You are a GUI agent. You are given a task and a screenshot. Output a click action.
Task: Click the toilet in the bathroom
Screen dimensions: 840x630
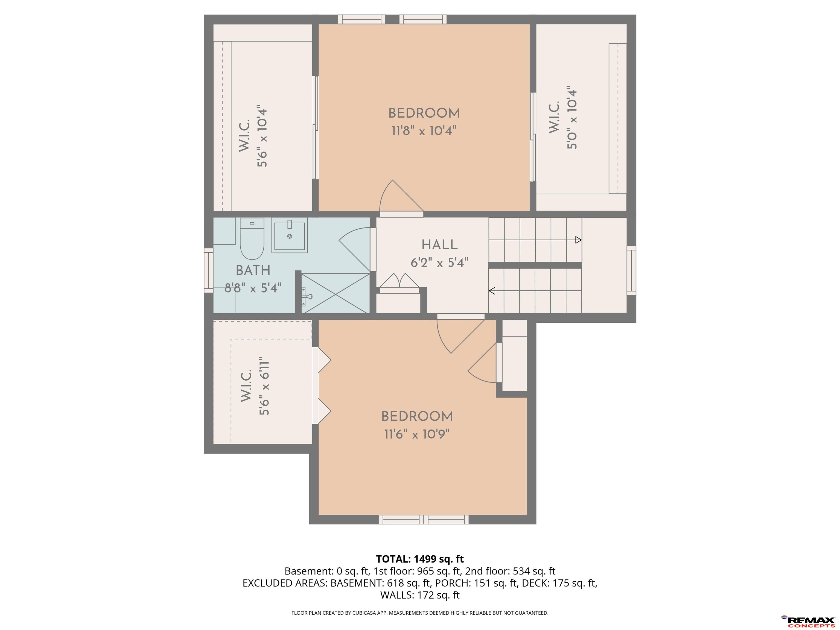(x=252, y=238)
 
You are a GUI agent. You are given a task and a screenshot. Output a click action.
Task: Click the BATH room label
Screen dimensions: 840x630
(x=253, y=270)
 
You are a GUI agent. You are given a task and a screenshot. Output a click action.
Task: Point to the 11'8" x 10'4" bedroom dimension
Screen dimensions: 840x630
(x=424, y=131)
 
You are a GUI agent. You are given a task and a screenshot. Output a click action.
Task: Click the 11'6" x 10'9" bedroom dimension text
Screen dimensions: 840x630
(x=417, y=434)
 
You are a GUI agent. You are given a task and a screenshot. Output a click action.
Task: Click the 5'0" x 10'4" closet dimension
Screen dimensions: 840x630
(x=572, y=119)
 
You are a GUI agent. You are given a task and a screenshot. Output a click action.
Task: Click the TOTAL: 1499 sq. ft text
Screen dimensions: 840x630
(x=420, y=559)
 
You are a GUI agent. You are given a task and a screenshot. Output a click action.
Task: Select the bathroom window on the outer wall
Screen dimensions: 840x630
(x=208, y=270)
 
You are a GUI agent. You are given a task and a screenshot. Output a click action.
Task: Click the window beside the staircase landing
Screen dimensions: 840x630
(x=631, y=270)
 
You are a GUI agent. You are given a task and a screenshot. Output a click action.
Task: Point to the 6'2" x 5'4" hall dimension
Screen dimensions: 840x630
(x=439, y=262)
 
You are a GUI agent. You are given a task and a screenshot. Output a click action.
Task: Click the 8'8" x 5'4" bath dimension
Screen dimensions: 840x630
(x=253, y=288)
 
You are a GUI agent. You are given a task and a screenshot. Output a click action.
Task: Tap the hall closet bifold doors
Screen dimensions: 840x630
(x=399, y=281)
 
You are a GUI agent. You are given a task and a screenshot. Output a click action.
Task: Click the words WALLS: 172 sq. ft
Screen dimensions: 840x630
(x=420, y=595)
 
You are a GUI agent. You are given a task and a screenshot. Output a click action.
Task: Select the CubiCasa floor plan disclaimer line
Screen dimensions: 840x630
(x=420, y=612)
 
